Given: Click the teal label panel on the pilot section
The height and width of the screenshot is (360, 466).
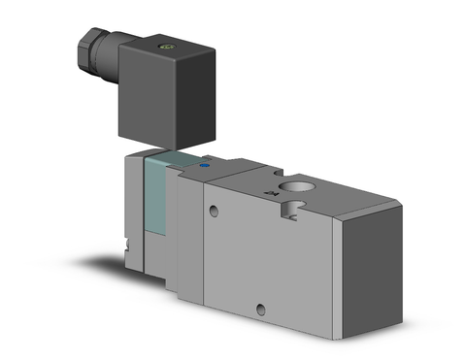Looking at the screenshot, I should pyautogui.click(x=157, y=199).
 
